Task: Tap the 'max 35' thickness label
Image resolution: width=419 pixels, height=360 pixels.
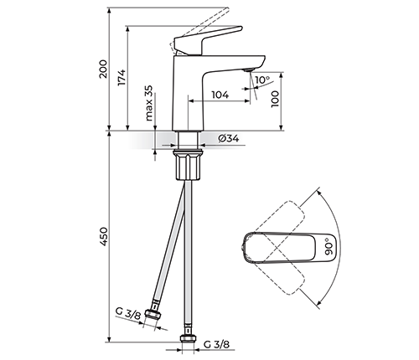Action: pos(150,103)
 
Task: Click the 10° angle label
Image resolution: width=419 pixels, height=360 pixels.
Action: pos(262,81)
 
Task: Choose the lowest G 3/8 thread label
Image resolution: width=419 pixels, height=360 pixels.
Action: pos(217,343)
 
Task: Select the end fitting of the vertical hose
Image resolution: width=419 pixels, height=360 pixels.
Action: pos(190,339)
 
